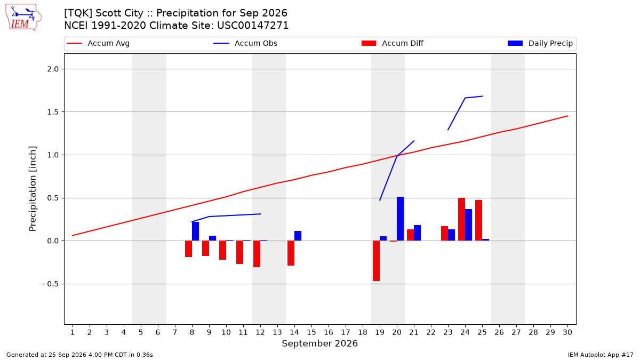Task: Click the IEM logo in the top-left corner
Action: pyautogui.click(x=23, y=18)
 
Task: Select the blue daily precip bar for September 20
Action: pyautogui.click(x=401, y=219)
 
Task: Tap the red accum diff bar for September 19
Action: pyautogui.click(x=377, y=261)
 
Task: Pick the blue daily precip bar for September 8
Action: pyautogui.click(x=195, y=231)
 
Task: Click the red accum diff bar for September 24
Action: pyautogui.click(x=462, y=219)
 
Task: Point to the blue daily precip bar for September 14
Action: pyautogui.click(x=298, y=236)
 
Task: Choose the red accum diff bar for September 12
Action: pyautogui.click(x=257, y=254)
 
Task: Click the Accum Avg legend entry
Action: pyautogui.click(x=98, y=43)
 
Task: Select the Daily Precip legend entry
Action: pyautogui.click(x=540, y=43)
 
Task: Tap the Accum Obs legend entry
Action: pyautogui.click(x=245, y=43)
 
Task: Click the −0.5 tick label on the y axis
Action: pyautogui.click(x=50, y=284)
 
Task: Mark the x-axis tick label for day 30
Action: pyautogui.click(x=567, y=332)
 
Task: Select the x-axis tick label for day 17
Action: pyautogui.click(x=346, y=332)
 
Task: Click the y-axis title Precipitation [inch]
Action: pyautogui.click(x=33, y=189)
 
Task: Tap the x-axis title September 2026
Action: pyautogui.click(x=319, y=343)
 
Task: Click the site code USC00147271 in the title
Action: pyautogui.click(x=253, y=26)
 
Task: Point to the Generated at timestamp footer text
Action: pyautogui.click(x=79, y=355)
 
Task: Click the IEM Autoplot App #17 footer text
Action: pyautogui.click(x=601, y=355)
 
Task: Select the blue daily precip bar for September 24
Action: pyautogui.click(x=469, y=225)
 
